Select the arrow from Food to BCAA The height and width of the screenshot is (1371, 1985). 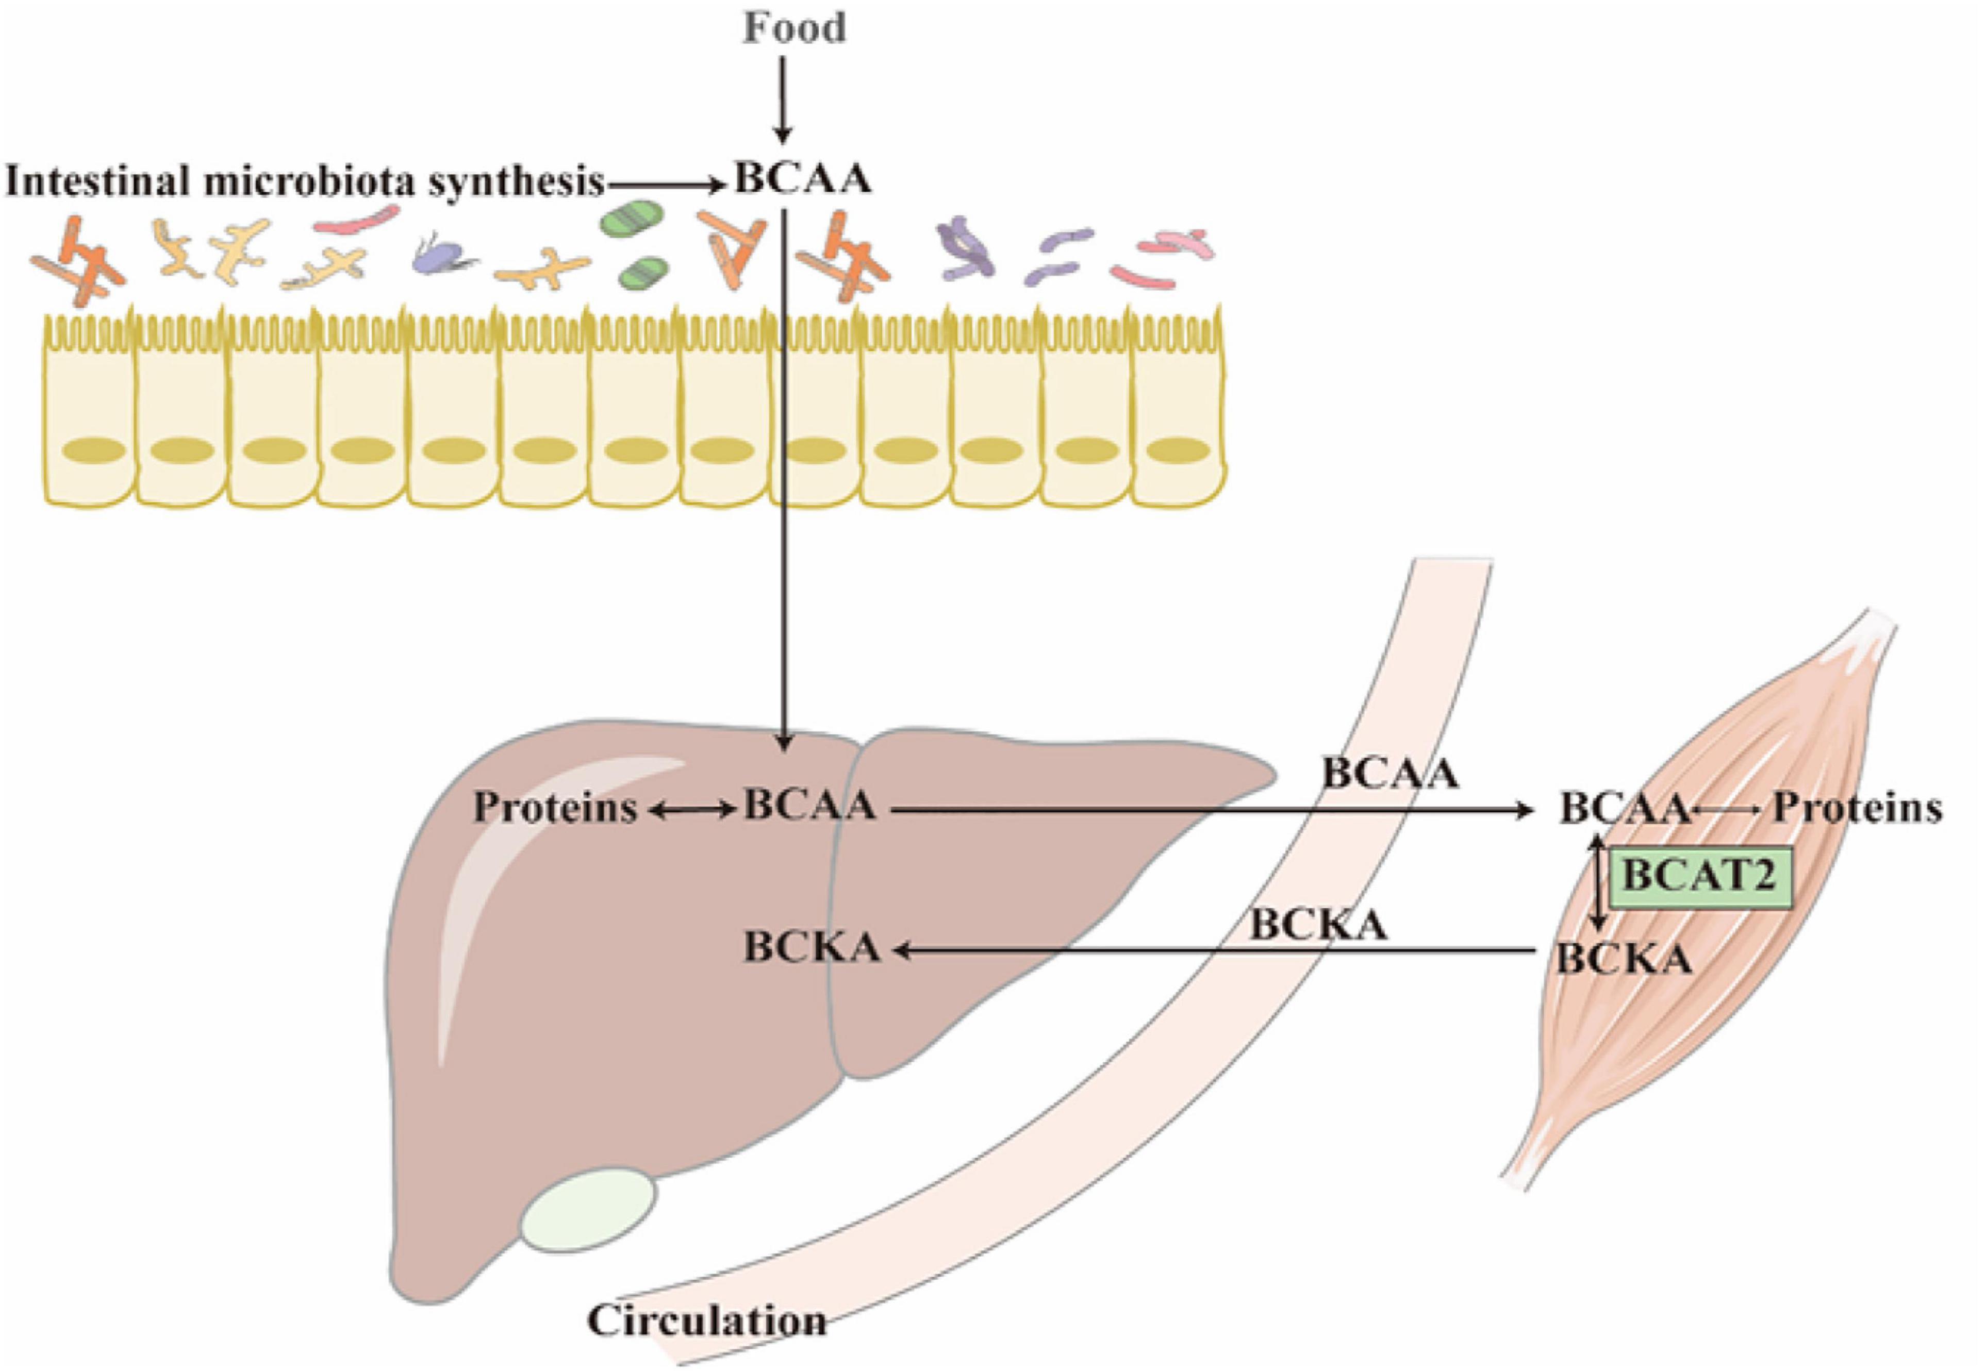(x=782, y=99)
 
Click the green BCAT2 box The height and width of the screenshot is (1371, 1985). (x=1700, y=878)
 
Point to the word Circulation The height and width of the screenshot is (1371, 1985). (x=706, y=1320)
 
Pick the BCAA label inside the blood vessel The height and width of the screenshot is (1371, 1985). (x=1389, y=773)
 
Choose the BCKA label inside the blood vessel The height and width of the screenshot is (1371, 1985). (x=1317, y=925)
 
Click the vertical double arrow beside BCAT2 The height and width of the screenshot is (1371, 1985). (x=1597, y=882)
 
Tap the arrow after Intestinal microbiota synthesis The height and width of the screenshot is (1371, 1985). (x=666, y=183)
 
